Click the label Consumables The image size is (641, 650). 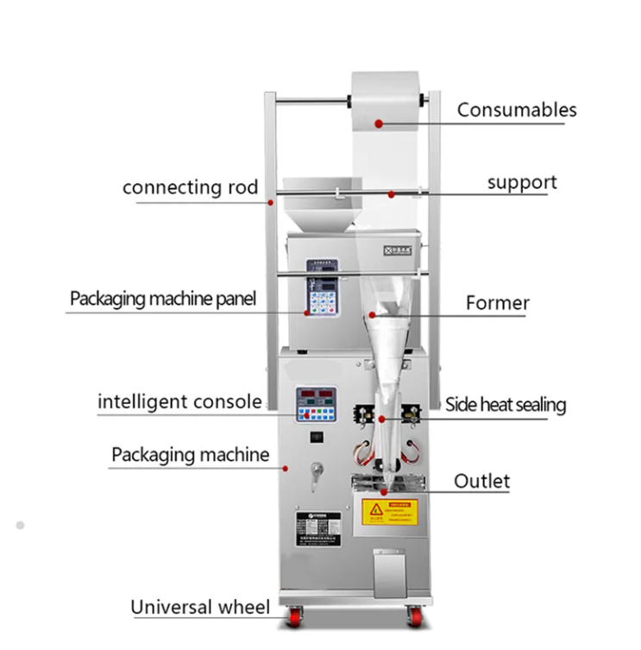[516, 110]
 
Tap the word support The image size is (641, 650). [522, 183]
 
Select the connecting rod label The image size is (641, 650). [190, 187]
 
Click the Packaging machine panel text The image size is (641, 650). [162, 300]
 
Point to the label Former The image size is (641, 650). [497, 303]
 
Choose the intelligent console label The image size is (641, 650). [179, 401]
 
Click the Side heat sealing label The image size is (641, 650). [506, 404]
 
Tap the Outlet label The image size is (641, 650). [481, 481]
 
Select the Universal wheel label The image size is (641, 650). [200, 607]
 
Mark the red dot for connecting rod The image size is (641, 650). [271, 203]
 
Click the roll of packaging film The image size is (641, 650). [389, 100]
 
